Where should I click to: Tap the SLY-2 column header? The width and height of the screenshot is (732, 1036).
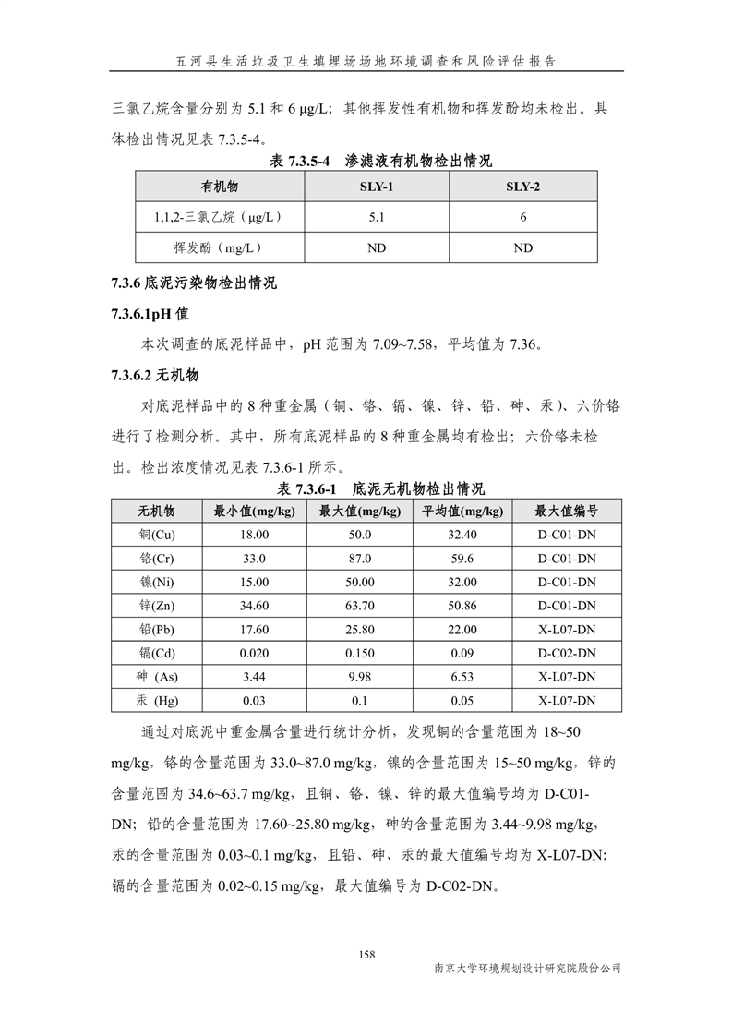click(522, 187)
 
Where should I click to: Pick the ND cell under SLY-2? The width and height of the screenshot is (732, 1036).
click(522, 247)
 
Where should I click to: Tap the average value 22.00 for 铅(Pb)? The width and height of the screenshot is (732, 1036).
click(462, 630)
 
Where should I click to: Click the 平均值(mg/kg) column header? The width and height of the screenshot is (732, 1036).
click(462, 511)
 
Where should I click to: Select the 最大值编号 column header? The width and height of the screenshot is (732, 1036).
click(567, 511)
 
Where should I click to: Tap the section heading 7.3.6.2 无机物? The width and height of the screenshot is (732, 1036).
click(154, 375)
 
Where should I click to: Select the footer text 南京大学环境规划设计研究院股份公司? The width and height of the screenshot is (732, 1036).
click(527, 969)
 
